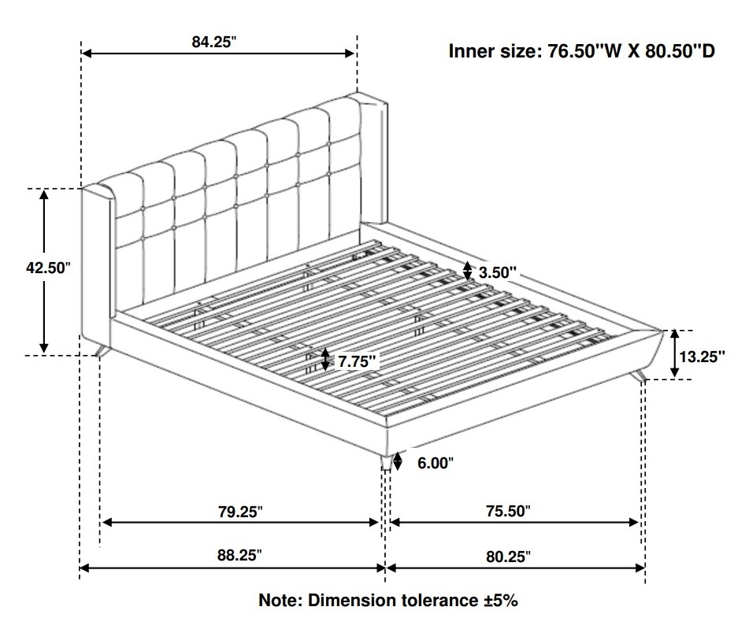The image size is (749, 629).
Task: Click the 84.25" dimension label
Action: pyautogui.click(x=214, y=42)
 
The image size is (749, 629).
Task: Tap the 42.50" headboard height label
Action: pyautogui.click(x=48, y=268)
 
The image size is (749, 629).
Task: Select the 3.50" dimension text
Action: pyautogui.click(x=498, y=272)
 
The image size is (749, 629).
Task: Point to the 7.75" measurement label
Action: pyautogui.click(x=357, y=361)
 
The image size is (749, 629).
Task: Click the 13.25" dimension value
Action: pyautogui.click(x=702, y=357)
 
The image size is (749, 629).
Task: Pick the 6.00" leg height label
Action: pyautogui.click(x=436, y=463)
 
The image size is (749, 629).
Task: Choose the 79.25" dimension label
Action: pyautogui.click(x=240, y=512)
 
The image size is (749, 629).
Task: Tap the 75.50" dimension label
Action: pyautogui.click(x=508, y=512)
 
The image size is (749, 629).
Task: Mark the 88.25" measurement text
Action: pyautogui.click(x=239, y=556)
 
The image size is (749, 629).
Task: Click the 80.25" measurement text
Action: pyautogui.click(x=508, y=557)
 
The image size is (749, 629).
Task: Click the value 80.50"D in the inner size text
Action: pyautogui.click(x=680, y=51)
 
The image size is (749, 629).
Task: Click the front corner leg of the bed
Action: pyautogui.click(x=387, y=461)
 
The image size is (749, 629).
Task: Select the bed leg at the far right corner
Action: pyautogui.click(x=638, y=376)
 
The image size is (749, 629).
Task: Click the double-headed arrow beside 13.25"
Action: pyautogui.click(x=674, y=354)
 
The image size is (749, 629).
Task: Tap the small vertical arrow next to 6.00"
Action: pyautogui.click(x=398, y=461)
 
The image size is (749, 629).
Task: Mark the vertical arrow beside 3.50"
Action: pyautogui.click(x=468, y=271)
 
